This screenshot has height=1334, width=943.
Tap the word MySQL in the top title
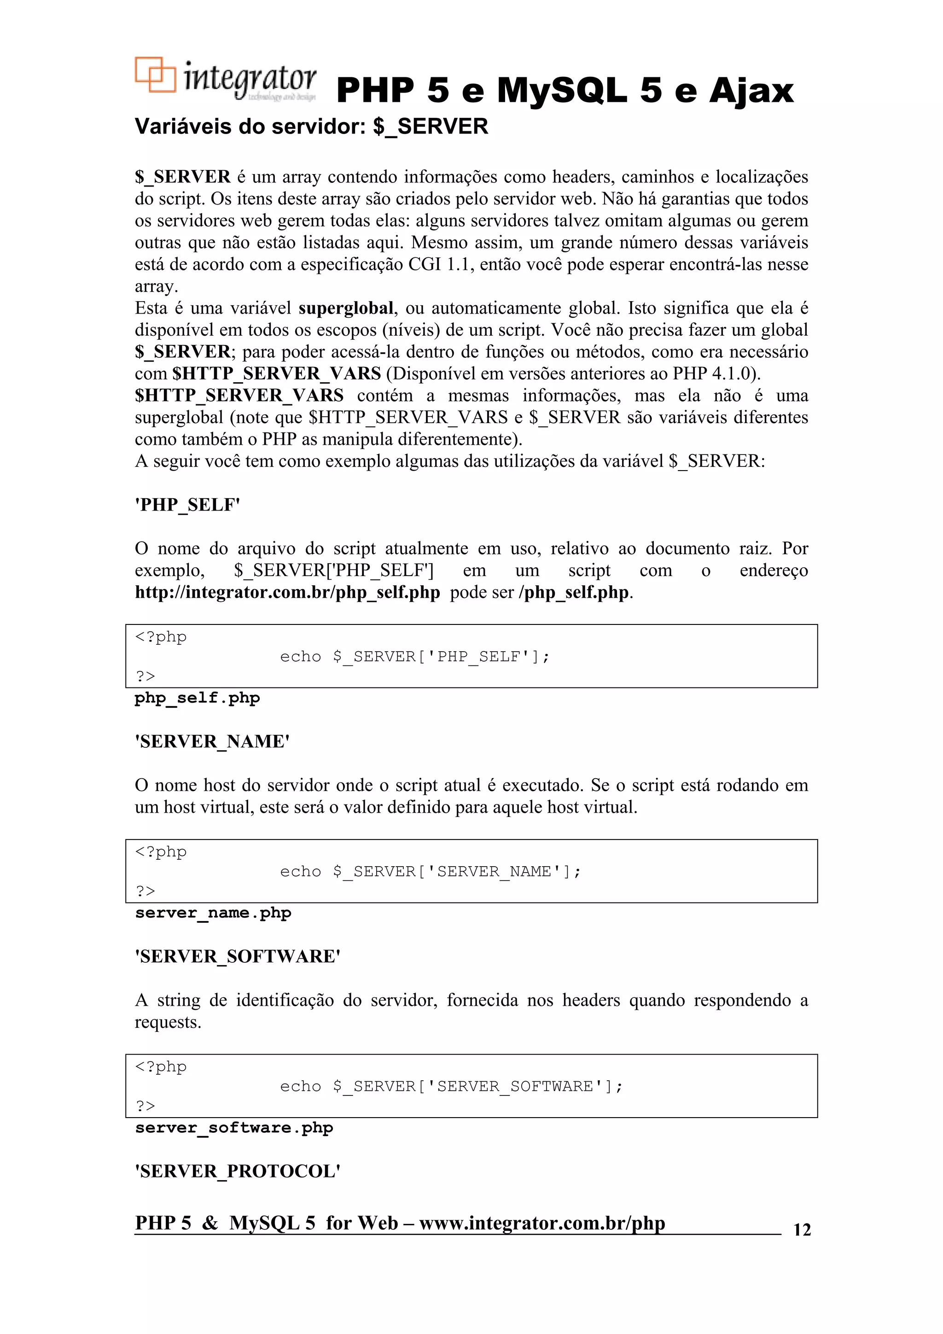pyautogui.click(x=561, y=91)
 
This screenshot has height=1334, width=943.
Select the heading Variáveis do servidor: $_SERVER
pyautogui.click(x=311, y=126)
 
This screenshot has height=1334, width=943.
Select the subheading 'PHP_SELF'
pyautogui.click(x=187, y=504)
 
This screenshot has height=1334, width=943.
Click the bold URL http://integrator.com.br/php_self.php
pyautogui.click(x=287, y=592)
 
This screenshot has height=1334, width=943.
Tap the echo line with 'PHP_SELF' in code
pyautogui.click(x=414, y=657)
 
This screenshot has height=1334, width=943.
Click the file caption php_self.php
pyautogui.click(x=197, y=698)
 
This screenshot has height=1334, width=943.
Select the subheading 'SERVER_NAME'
pyautogui.click(x=212, y=741)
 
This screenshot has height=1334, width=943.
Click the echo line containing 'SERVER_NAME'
pyautogui.click(x=430, y=872)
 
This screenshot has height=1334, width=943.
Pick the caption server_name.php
pyautogui.click(x=213, y=913)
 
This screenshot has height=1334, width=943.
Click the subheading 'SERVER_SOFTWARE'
pyautogui.click(x=238, y=956)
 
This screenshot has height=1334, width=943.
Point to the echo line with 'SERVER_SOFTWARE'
pyautogui.click(x=451, y=1086)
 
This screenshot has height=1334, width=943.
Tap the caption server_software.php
pyautogui.click(x=233, y=1128)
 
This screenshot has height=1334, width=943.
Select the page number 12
pyautogui.click(x=801, y=1229)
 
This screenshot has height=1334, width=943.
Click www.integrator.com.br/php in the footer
pyautogui.click(x=541, y=1223)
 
